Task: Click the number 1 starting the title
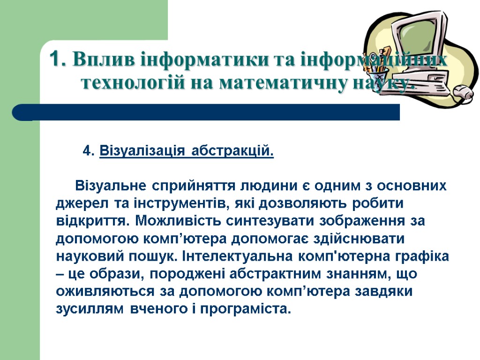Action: (55, 60)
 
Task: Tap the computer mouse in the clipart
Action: (462, 91)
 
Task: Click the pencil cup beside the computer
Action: (383, 75)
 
